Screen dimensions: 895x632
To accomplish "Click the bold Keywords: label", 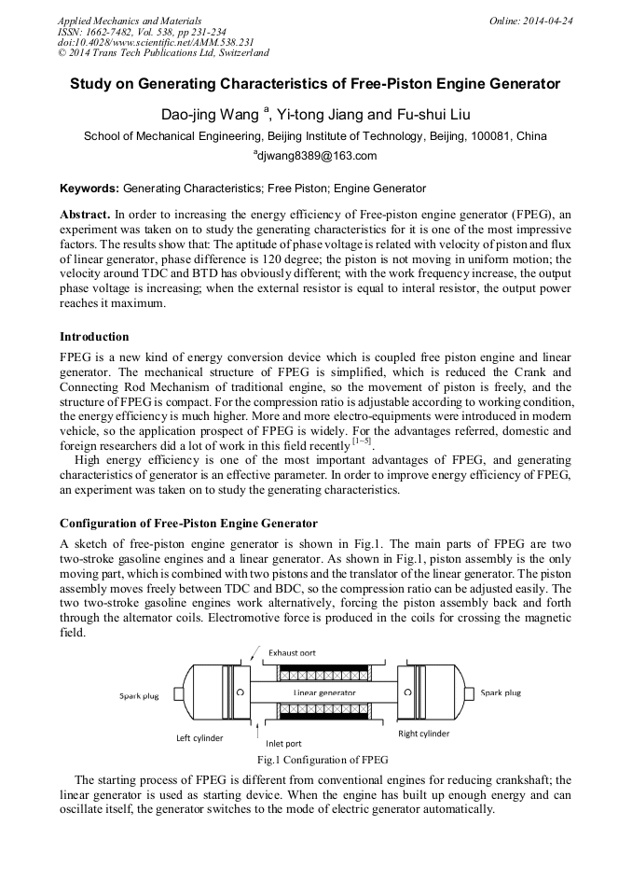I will pos(89,189).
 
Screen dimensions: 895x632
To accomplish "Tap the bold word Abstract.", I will pos(85,214).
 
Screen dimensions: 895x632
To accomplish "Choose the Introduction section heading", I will pos(94,336).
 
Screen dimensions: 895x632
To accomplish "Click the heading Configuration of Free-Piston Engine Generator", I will pos(188,523).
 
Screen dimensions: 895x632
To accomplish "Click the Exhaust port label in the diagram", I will pos(295,651).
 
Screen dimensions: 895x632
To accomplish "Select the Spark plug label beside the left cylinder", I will pos(138,695).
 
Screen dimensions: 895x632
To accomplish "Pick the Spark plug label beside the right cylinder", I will pos(501,692).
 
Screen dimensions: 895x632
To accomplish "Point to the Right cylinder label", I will pos(423,734).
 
